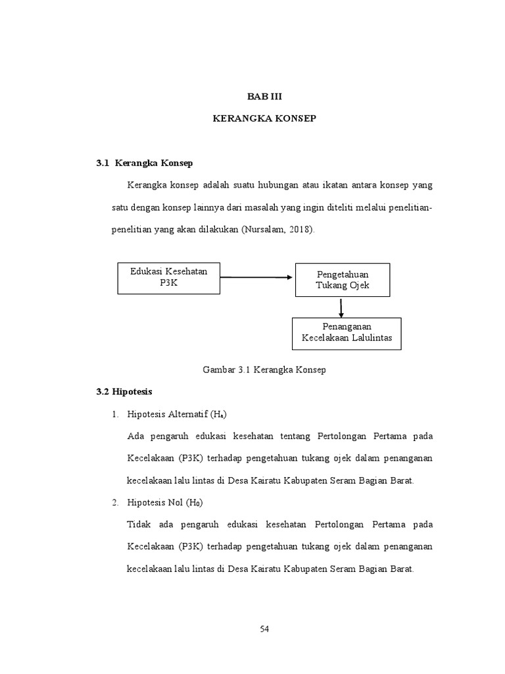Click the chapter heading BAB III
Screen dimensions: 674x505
(264, 96)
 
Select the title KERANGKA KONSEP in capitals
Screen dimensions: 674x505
(264, 118)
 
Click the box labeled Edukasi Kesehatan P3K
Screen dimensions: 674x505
(169, 277)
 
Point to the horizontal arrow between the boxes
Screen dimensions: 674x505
(256, 277)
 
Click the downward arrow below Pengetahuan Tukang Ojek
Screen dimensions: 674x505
(341, 307)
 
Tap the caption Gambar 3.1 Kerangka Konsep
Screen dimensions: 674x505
(264, 370)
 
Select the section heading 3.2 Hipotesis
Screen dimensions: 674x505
(124, 392)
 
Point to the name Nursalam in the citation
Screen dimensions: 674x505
(265, 230)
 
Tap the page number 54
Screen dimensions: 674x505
(264, 629)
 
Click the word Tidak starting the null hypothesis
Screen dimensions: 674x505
(137, 525)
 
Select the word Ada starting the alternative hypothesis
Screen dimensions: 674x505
(135, 436)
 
